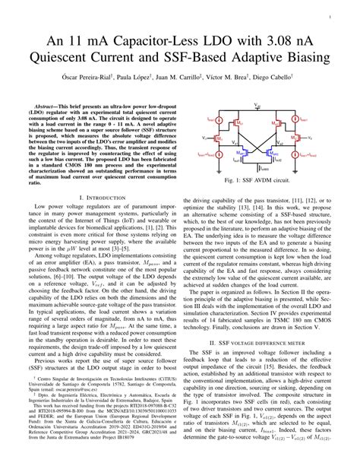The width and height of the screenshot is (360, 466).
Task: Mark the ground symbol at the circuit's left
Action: (x=213, y=163)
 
